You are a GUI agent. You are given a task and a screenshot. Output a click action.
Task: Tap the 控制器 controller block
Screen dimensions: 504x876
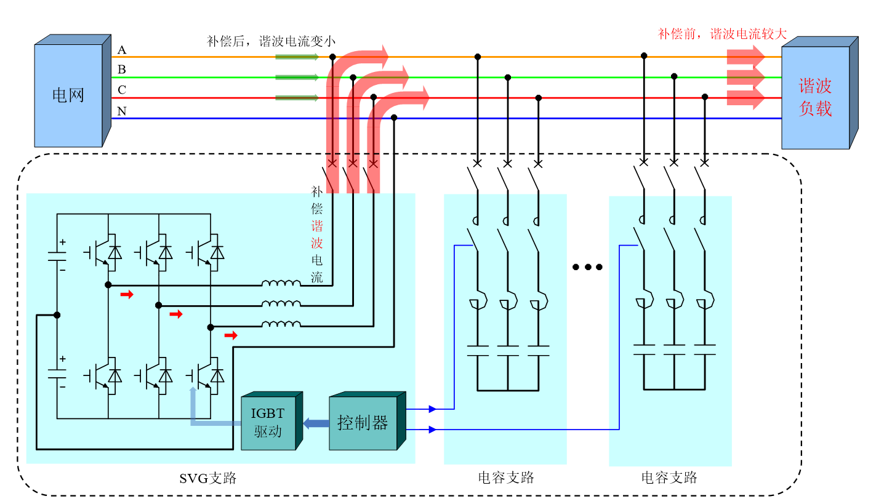pos(363,423)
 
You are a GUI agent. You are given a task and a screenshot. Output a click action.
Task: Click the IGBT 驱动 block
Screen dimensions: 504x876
pos(268,423)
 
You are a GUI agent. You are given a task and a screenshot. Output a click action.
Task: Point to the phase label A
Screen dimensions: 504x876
pos(122,50)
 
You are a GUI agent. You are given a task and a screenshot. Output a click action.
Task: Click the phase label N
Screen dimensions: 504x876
pos(122,111)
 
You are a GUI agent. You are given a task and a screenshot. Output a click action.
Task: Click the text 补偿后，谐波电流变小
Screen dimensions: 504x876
pos(271,41)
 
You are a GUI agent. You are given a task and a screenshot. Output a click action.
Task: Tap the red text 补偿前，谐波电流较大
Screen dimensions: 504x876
pos(722,34)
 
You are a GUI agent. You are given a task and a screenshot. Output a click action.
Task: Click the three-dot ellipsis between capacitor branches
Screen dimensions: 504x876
pos(587,267)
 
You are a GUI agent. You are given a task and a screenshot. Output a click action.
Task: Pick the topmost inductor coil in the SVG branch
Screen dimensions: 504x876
pos(281,284)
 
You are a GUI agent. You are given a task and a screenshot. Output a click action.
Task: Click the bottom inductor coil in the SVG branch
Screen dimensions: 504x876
pos(281,324)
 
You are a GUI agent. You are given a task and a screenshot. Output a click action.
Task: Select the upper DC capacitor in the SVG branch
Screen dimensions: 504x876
pos(57,256)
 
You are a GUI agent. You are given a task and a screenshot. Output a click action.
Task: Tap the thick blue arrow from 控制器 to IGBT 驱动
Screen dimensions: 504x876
pos(316,423)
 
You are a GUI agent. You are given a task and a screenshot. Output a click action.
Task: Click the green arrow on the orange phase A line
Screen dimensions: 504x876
pos(297,57)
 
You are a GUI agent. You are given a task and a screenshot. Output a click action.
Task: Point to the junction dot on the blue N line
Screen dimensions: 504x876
pos(394,118)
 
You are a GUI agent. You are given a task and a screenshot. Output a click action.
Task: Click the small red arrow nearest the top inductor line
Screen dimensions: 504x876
pos(127,295)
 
